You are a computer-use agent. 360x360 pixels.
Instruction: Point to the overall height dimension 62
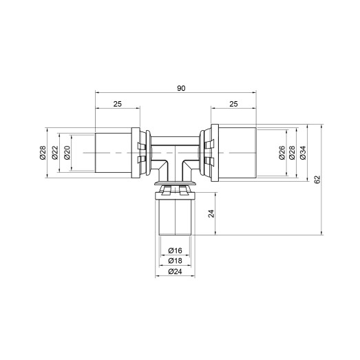click(317, 180)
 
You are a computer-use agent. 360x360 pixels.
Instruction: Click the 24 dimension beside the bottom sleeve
click(212, 214)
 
